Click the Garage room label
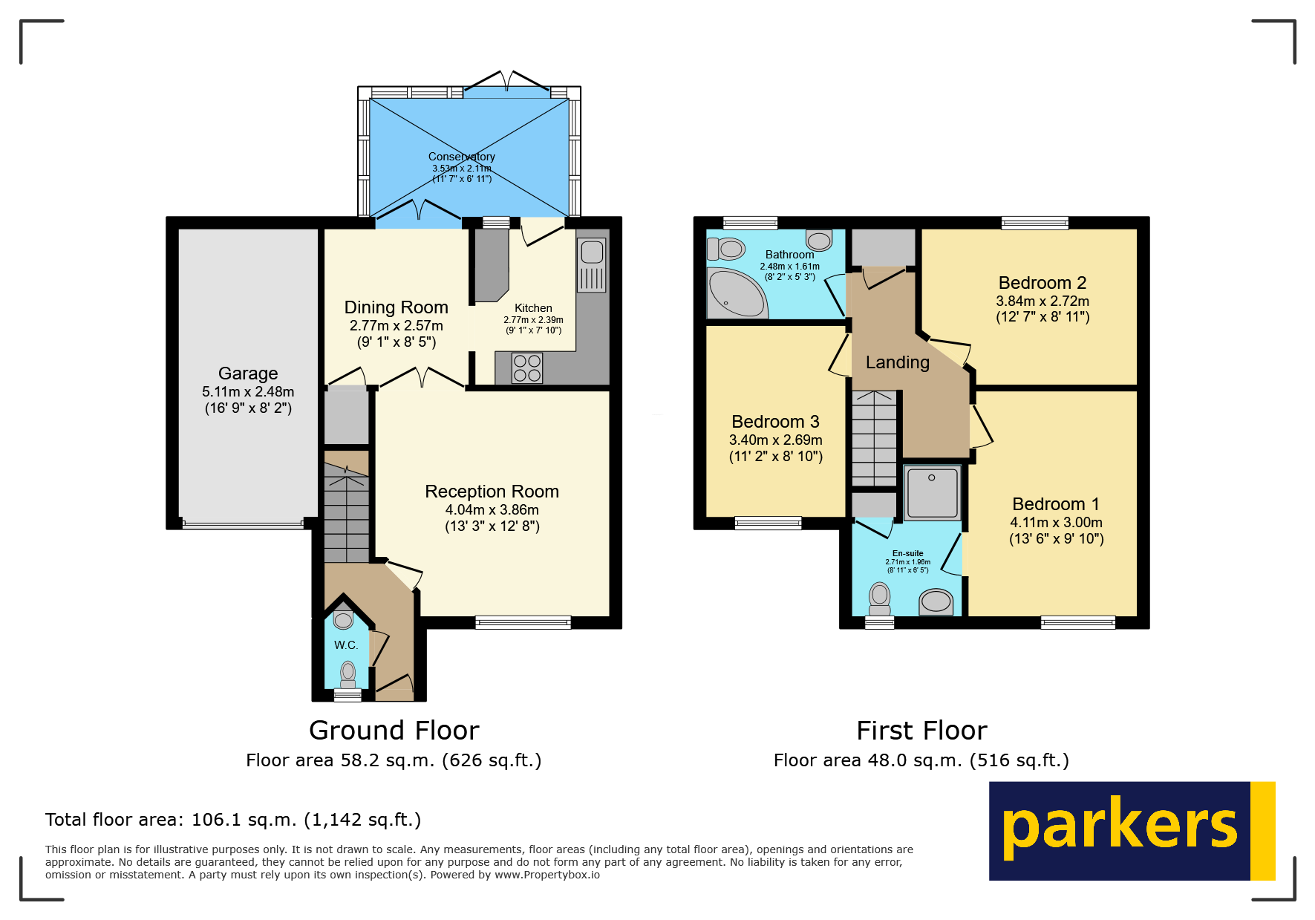click(248, 373)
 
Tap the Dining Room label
click(396, 307)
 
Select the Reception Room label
click(492, 492)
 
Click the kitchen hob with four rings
click(527, 368)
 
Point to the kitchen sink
click(592, 265)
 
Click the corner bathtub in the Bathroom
click(736, 293)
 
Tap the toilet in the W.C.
click(347, 675)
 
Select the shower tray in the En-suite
click(932, 492)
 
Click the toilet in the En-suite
click(880, 599)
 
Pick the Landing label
click(898, 362)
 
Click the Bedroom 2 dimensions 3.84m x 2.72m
click(1042, 301)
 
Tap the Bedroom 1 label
click(1056, 504)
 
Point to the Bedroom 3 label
click(775, 422)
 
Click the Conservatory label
click(462, 157)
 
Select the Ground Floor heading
click(394, 731)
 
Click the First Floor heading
click(921, 731)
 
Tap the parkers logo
click(1132, 831)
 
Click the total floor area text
click(233, 820)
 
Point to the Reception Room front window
click(523, 622)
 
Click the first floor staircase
click(875, 438)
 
